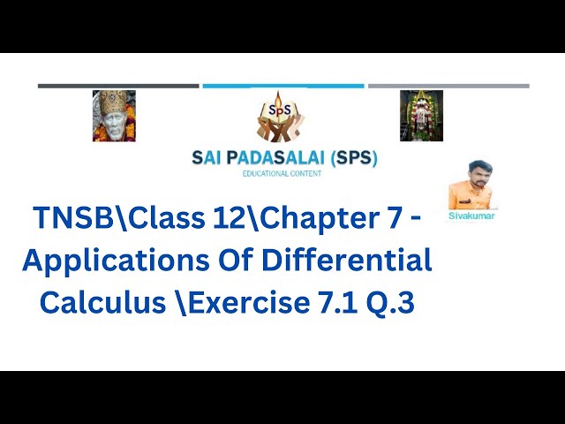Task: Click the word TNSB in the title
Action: (x=70, y=218)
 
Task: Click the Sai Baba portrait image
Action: (x=114, y=116)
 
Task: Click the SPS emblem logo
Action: (x=282, y=117)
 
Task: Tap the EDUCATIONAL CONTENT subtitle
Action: (x=282, y=174)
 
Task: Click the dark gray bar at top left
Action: (x=118, y=86)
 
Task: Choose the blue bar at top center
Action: (x=282, y=86)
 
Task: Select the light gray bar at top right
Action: (x=448, y=86)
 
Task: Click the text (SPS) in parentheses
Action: (x=351, y=159)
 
